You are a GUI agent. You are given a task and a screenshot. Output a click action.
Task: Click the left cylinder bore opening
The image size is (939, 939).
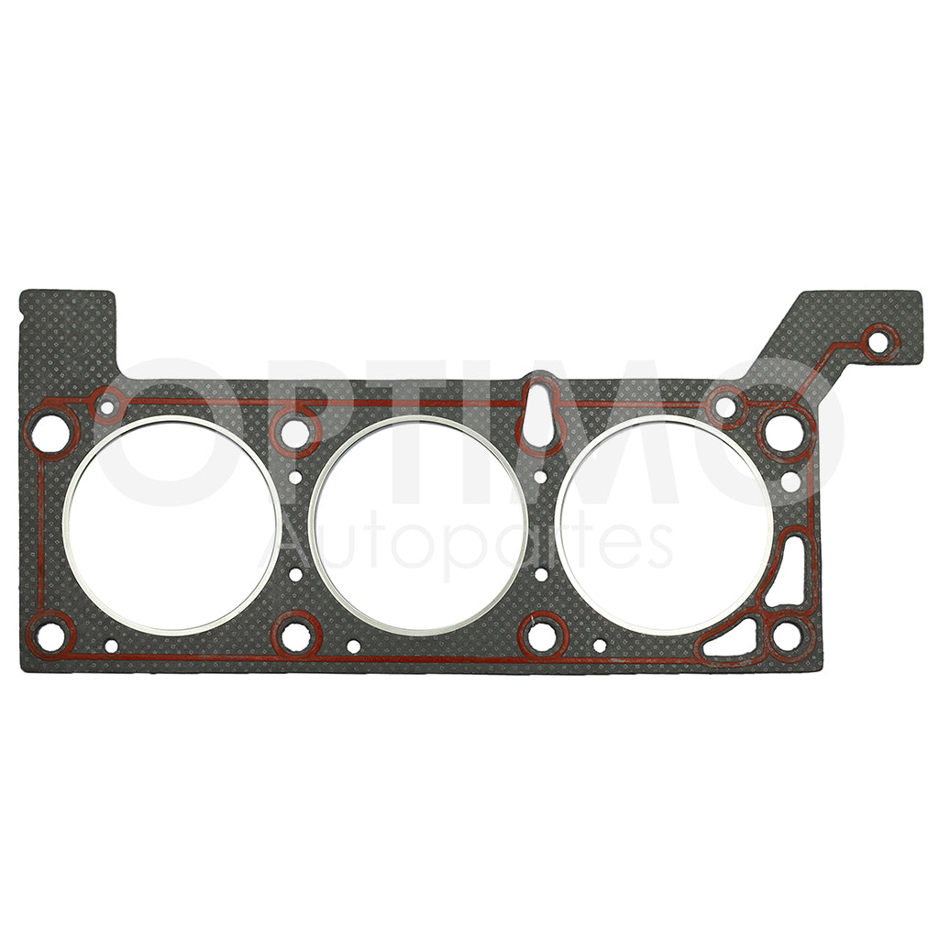(x=171, y=525)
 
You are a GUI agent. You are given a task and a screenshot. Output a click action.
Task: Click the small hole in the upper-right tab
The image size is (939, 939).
(x=878, y=343)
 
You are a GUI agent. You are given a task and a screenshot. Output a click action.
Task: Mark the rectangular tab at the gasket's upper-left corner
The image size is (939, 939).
(x=68, y=326)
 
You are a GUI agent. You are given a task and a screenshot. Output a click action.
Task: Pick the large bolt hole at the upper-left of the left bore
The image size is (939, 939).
(x=51, y=432)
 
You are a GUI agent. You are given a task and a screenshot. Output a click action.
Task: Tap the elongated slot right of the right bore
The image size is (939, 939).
(x=789, y=570)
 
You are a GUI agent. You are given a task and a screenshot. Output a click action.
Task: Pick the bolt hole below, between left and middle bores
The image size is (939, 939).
(x=295, y=635)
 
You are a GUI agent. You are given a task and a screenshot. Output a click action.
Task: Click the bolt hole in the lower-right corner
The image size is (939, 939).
(x=787, y=635)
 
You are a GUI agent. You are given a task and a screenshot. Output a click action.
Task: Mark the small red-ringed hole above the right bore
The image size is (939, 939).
(x=725, y=405)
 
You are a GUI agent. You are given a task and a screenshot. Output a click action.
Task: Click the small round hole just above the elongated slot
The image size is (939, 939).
(x=790, y=481)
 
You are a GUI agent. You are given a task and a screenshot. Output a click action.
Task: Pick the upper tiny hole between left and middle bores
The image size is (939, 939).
(x=295, y=477)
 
